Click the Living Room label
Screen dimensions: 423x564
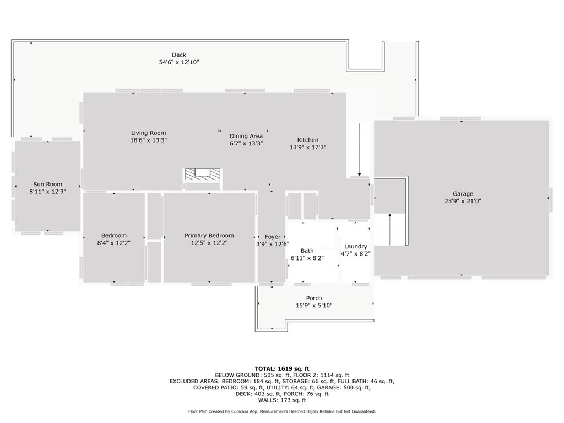coord(148,133)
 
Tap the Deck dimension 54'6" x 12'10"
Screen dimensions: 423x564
coord(178,63)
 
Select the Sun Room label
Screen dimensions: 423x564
coord(47,184)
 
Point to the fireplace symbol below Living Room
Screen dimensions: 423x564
coord(202,173)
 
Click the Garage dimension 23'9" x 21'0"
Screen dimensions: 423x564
coord(463,202)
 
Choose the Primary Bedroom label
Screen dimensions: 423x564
coord(209,235)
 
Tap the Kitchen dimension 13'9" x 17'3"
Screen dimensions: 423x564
coord(308,148)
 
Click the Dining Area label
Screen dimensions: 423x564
coord(246,136)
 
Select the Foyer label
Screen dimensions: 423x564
coord(273,237)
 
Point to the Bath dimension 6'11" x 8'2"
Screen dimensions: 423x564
coord(307,258)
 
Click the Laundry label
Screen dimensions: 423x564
coord(355,246)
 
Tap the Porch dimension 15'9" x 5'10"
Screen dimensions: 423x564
coord(314,306)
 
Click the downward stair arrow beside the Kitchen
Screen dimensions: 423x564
coord(360,149)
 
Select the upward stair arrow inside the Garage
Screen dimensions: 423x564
coord(390,229)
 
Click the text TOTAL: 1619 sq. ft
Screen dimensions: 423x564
coord(281,368)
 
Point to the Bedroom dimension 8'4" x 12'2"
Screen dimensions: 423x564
coord(113,243)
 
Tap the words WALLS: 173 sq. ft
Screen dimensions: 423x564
coord(281,400)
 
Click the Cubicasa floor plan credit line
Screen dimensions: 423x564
coord(281,411)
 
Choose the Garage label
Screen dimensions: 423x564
coord(463,194)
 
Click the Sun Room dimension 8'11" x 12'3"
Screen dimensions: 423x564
coord(47,192)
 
